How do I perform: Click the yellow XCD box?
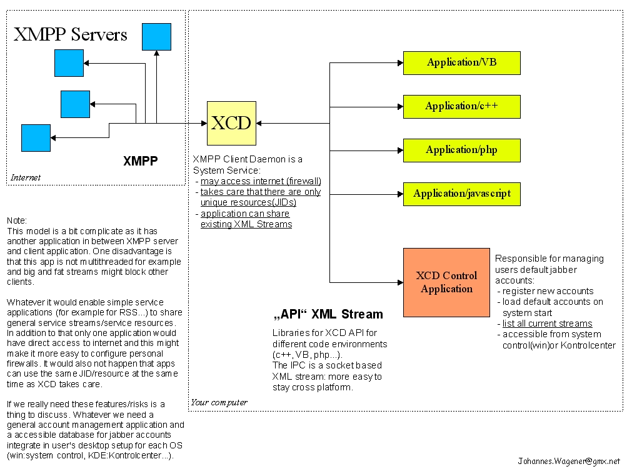[231, 123]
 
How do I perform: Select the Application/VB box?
[461, 62]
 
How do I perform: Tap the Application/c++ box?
[461, 106]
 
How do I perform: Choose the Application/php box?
[461, 150]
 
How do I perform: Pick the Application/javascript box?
[461, 194]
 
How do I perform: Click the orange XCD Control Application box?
[446, 282]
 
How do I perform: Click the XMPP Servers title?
[71, 34]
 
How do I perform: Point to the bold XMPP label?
[140, 161]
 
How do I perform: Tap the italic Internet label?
[26, 177]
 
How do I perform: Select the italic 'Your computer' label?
[219, 402]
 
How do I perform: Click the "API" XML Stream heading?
[328, 314]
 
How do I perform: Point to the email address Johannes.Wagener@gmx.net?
[569, 462]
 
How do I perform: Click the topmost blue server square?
[156, 36]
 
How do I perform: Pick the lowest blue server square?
[36, 138]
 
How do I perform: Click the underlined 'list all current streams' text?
[547, 323]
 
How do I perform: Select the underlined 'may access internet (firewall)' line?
[261, 181]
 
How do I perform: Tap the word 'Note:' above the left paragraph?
[17, 220]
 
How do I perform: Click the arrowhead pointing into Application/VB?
[399, 62]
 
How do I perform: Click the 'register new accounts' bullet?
[548, 291]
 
